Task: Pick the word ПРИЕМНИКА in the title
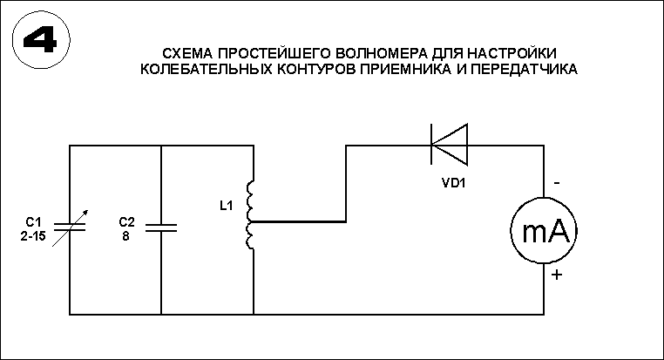click(x=412, y=68)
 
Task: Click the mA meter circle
click(x=545, y=230)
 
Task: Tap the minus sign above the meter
click(x=555, y=185)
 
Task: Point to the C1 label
click(x=32, y=221)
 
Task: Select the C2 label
click(x=125, y=221)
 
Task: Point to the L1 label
click(x=226, y=206)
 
